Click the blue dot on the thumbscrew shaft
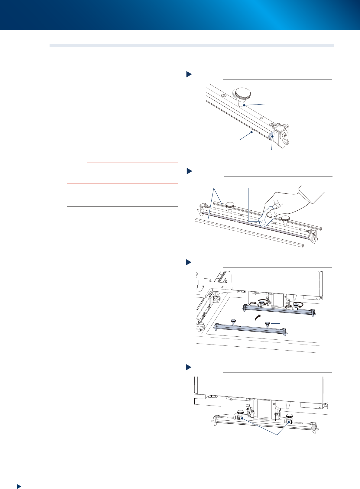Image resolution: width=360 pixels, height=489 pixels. (244, 105)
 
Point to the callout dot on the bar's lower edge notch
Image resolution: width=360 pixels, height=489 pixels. (251, 132)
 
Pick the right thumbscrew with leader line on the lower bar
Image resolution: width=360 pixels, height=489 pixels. (268, 324)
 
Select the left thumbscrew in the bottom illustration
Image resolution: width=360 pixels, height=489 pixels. (241, 413)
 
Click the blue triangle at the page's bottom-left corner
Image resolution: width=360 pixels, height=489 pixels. (19, 486)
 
